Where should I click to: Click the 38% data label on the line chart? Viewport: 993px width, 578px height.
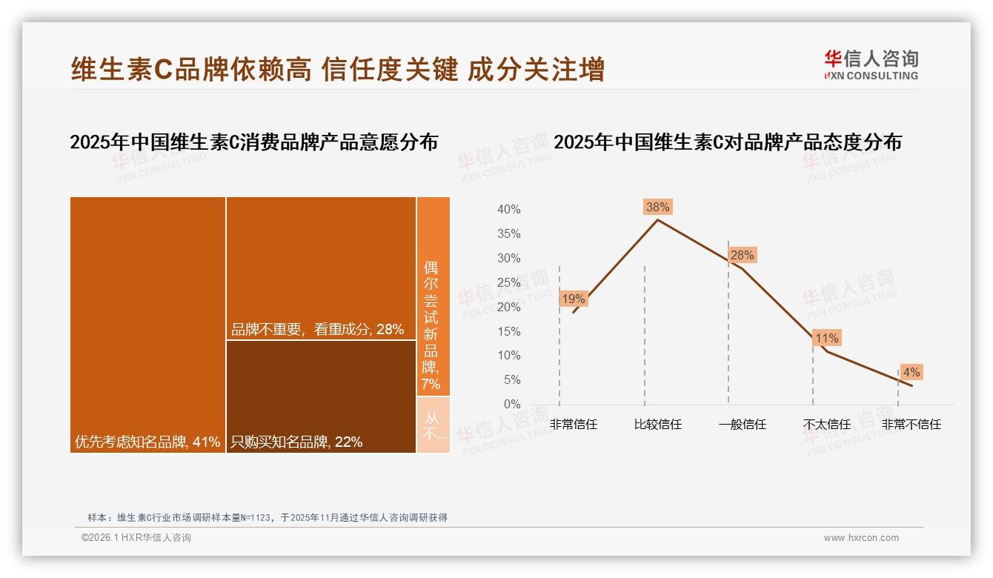pyautogui.click(x=657, y=207)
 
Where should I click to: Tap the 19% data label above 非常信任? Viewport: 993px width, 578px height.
pyautogui.click(x=574, y=299)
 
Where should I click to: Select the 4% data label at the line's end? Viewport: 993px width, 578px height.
pyautogui.click(x=911, y=372)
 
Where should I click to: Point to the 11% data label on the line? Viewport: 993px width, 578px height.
pyautogui.click(x=826, y=338)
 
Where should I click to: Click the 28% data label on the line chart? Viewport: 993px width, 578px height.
pyautogui.click(x=742, y=255)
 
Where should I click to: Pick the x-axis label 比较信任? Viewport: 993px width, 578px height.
pyautogui.click(x=657, y=425)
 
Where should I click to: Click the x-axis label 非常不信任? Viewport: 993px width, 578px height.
pyautogui.click(x=911, y=425)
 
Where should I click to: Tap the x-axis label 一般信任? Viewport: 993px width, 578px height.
pyautogui.click(x=742, y=425)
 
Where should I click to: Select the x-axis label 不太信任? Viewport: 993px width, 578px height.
pyautogui.click(x=826, y=425)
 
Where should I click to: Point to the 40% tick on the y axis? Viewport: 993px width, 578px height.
pyautogui.click(x=508, y=210)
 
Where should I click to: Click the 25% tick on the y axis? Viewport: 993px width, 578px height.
pyautogui.click(x=508, y=282)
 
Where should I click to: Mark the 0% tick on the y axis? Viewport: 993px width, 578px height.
pyautogui.click(x=511, y=404)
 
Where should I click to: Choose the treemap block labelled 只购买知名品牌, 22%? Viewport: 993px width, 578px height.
pyautogui.click(x=321, y=396)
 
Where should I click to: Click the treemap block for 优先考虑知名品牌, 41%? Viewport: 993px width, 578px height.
pyautogui.click(x=147, y=325)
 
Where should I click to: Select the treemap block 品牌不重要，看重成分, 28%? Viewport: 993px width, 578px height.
pyautogui.click(x=321, y=268)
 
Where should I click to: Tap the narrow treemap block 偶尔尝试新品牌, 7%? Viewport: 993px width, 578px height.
pyautogui.click(x=433, y=296)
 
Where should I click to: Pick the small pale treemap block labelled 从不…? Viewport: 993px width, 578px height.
pyautogui.click(x=433, y=425)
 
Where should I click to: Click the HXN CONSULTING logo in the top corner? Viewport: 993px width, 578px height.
pyautogui.click(x=871, y=65)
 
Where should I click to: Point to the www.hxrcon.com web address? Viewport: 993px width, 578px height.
pyautogui.click(x=860, y=538)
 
